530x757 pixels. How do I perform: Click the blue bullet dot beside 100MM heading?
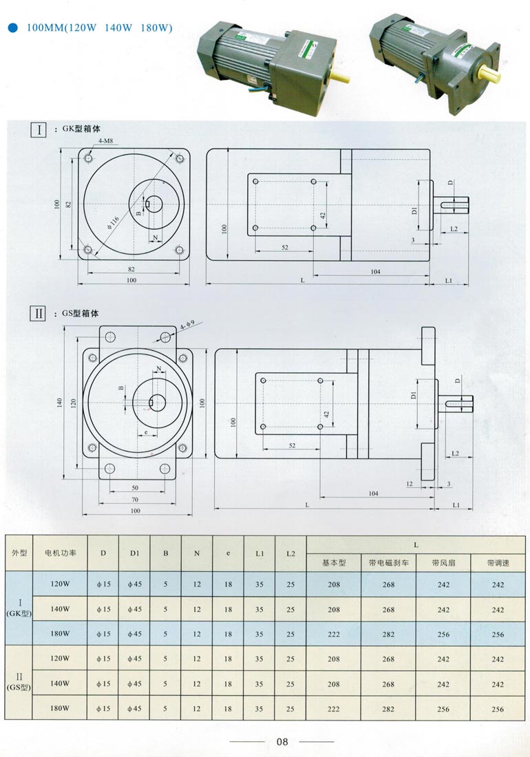point(12,28)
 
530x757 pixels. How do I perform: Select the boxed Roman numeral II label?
point(39,313)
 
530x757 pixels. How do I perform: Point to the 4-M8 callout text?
point(106,141)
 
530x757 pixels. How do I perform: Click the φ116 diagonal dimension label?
point(114,222)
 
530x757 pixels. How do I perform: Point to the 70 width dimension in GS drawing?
point(135,499)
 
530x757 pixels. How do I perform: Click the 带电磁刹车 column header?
point(388,562)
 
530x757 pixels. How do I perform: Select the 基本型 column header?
point(334,562)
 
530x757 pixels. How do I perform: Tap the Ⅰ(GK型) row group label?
point(19,609)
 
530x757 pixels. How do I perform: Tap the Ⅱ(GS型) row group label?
point(19,683)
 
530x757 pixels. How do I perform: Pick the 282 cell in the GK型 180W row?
point(388,634)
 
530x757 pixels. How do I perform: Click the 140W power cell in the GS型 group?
point(61,683)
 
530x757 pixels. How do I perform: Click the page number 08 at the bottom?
point(282,742)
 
